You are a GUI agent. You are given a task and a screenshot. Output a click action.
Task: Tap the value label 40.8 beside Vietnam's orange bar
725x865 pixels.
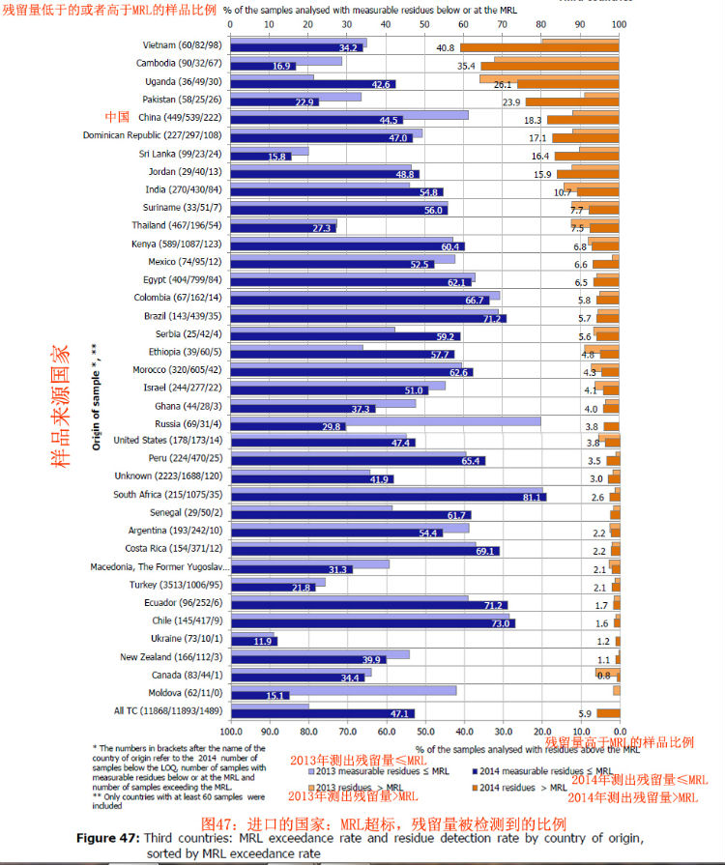click(445, 47)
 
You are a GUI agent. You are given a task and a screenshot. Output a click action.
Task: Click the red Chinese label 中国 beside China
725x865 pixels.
click(117, 117)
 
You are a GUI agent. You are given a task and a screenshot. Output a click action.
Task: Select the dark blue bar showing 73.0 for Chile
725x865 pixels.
click(373, 623)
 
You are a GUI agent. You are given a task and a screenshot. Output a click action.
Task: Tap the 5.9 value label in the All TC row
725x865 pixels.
click(584, 713)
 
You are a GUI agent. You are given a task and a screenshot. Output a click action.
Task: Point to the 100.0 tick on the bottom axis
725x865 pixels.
click(230, 732)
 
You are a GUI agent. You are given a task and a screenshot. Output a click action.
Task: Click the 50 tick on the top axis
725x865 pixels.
click(424, 24)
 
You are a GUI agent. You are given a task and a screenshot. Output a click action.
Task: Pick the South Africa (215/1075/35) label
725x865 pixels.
click(166, 494)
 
